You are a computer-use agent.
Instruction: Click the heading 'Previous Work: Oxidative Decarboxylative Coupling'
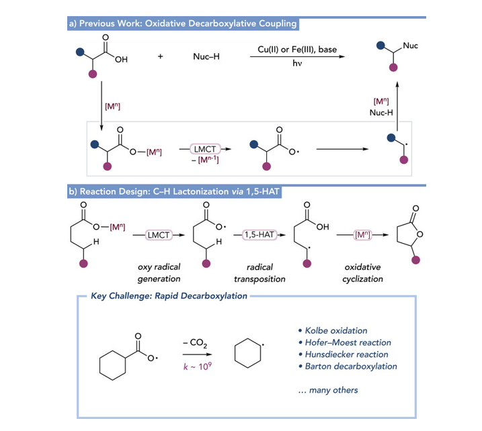(184, 24)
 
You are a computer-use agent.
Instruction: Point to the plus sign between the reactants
(161, 58)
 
